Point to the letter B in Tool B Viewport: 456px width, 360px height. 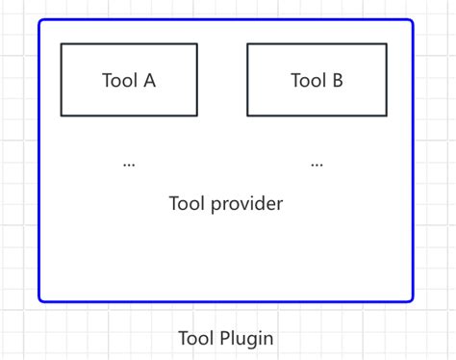point(337,81)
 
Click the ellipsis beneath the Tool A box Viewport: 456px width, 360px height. point(129,165)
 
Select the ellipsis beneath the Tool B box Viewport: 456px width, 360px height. point(317,165)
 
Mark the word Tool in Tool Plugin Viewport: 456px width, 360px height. point(195,339)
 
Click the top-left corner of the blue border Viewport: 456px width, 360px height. point(40,21)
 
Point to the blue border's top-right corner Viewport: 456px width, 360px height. point(412,21)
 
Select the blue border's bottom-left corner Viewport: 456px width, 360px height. point(40,300)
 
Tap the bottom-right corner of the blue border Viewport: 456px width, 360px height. point(412,300)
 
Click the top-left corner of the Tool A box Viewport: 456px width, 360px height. point(62,44)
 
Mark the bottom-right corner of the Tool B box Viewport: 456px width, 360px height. point(387,116)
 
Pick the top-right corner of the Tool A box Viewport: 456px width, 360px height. point(197,44)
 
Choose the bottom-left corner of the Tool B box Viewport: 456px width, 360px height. point(248,116)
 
